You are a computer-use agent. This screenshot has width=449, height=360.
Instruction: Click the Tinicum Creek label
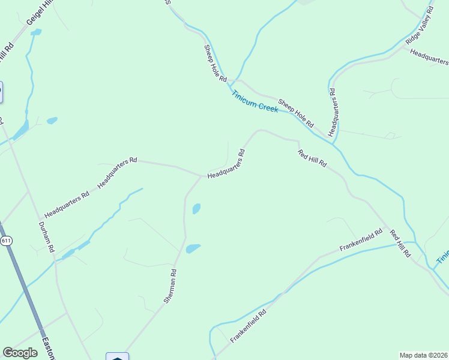[x=255, y=102]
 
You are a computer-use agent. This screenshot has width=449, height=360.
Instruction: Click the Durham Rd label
[x=46, y=236]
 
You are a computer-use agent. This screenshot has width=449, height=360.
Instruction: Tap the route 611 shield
[x=6, y=241]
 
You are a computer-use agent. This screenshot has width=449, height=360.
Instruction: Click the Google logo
[x=20, y=352]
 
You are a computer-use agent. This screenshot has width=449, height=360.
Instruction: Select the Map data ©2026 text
[x=423, y=355]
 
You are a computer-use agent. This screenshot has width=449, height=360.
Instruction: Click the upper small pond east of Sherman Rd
[x=196, y=209]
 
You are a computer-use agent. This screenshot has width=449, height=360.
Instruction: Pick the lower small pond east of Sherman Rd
[x=193, y=248]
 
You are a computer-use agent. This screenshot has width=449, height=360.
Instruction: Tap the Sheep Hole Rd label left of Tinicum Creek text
[x=215, y=63]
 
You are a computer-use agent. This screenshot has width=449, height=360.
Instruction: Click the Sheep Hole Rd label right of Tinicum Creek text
[x=296, y=113]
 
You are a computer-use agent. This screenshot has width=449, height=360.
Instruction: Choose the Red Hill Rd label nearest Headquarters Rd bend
[x=312, y=158]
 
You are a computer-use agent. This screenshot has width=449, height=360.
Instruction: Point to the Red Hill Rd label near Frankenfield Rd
[x=400, y=244]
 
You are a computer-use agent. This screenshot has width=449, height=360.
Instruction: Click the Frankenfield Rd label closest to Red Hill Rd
[x=361, y=240]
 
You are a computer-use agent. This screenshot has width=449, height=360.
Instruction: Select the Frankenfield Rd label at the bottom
[x=248, y=325]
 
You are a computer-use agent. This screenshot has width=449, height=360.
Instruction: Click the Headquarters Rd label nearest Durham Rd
[x=67, y=205]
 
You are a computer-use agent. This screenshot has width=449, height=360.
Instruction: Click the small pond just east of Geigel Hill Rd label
[x=36, y=32]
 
